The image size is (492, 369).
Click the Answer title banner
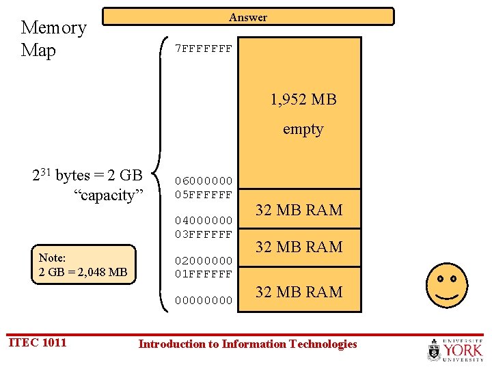tap(248, 17)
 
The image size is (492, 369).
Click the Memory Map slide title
tap(53, 39)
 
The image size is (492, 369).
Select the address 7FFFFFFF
tap(204, 49)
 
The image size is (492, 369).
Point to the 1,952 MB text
tap(303, 100)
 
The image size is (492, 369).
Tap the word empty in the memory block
tap(303, 129)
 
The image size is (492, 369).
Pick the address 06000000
tap(204, 181)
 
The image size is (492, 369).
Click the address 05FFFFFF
tap(204, 194)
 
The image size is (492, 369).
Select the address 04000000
tap(204, 221)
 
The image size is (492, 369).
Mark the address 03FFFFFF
tap(204, 234)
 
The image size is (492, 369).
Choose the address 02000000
tap(204, 261)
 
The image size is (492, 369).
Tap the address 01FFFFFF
tap(204, 274)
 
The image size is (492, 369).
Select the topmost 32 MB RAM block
tap(299, 210)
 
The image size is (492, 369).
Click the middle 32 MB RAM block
tap(299, 247)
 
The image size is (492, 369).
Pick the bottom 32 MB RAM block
tap(299, 292)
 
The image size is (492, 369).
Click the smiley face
tap(447, 285)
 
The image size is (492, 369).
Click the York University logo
tap(454, 349)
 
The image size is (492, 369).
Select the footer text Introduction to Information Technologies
tap(247, 344)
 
